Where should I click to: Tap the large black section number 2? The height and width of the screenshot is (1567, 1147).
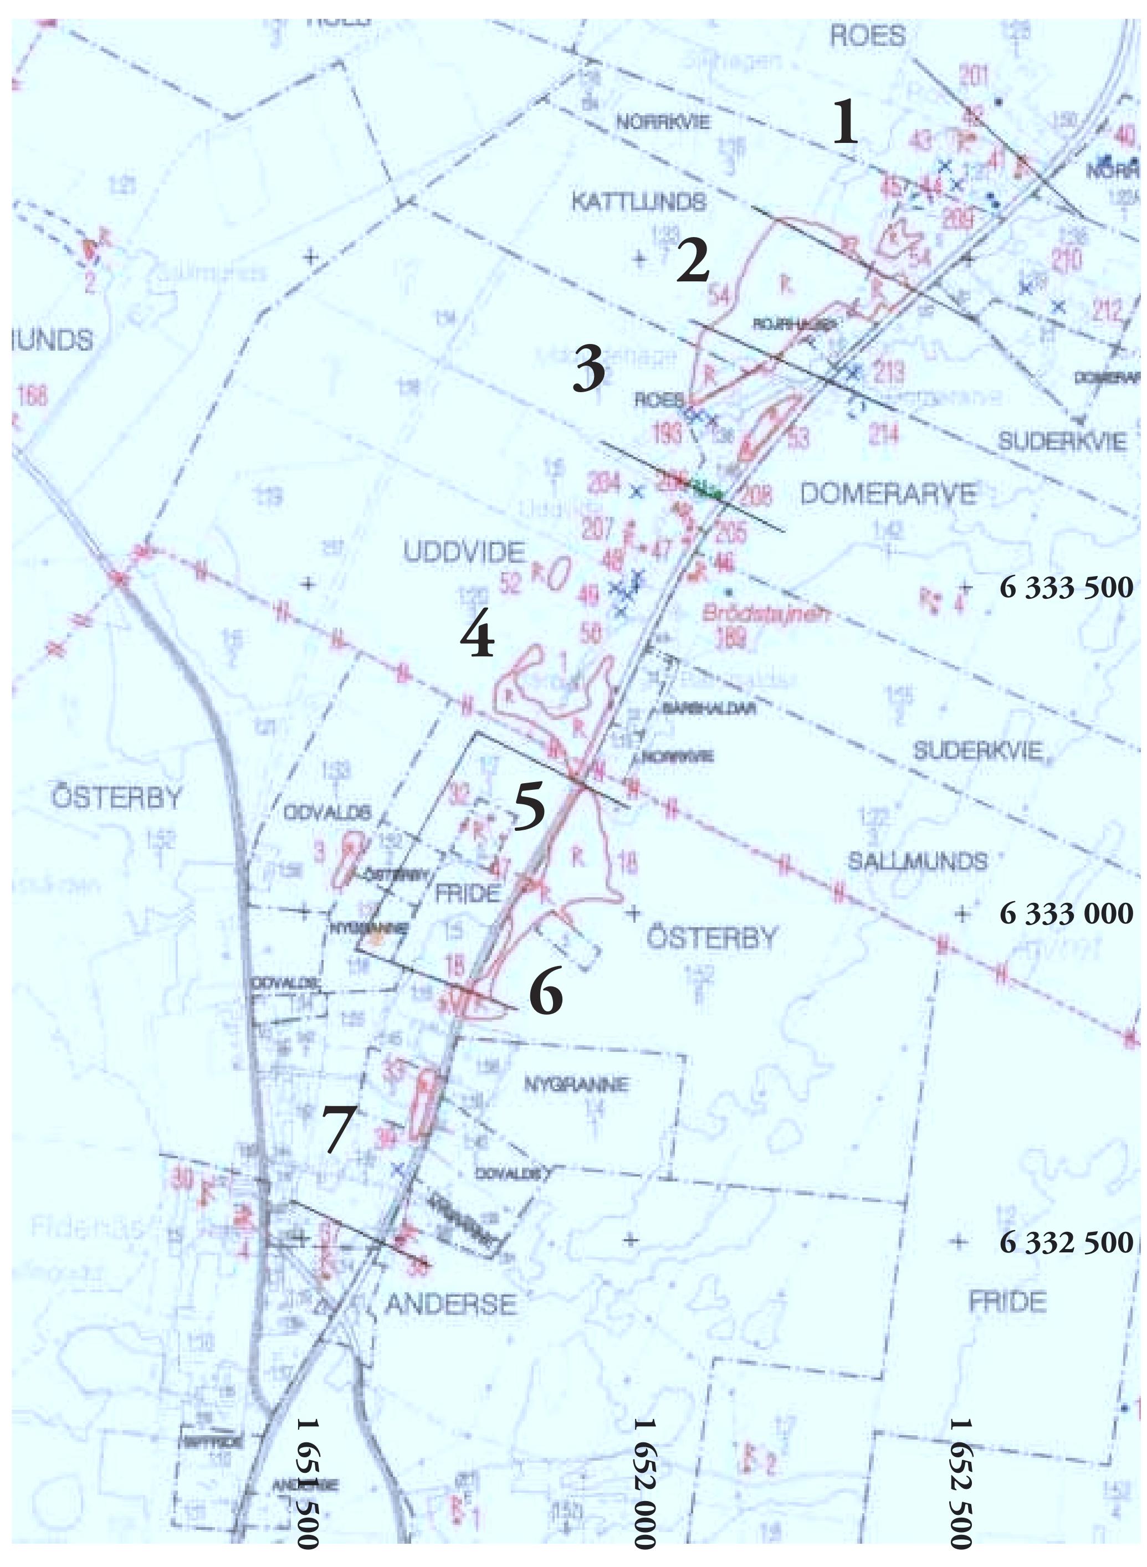click(x=693, y=261)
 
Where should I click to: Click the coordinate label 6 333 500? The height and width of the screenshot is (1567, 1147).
click(x=1066, y=588)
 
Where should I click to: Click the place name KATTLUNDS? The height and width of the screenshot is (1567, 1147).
click(x=639, y=202)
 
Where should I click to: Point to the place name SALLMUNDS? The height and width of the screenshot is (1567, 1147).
click(x=916, y=862)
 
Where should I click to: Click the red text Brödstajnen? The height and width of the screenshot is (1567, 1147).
click(x=766, y=614)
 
